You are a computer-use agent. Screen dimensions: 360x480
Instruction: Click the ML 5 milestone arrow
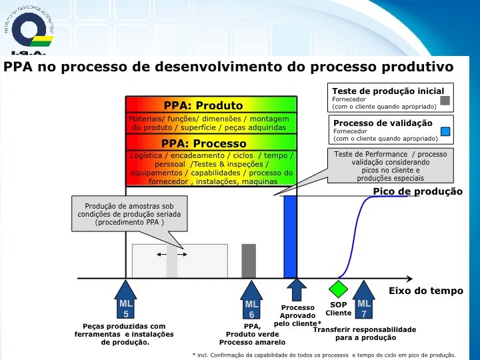[126, 300]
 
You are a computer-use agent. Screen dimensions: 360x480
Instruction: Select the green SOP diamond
[339, 289]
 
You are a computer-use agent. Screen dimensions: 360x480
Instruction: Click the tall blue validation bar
[290, 237]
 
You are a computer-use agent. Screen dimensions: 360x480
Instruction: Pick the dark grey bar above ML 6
[249, 261]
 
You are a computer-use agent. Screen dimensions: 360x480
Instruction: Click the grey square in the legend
[445, 102]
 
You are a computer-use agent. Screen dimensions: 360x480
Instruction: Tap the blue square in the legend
[445, 131]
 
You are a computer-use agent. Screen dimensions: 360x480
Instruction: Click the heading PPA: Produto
[203, 105]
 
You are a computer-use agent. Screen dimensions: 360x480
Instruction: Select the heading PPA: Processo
[203, 143]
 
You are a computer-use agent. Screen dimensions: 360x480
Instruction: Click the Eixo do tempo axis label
[425, 291]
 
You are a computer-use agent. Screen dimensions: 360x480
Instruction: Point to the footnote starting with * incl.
[323, 355]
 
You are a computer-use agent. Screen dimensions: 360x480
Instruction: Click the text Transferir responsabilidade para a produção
[365, 333]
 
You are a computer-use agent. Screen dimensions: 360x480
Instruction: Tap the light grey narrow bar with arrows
[171, 261]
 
